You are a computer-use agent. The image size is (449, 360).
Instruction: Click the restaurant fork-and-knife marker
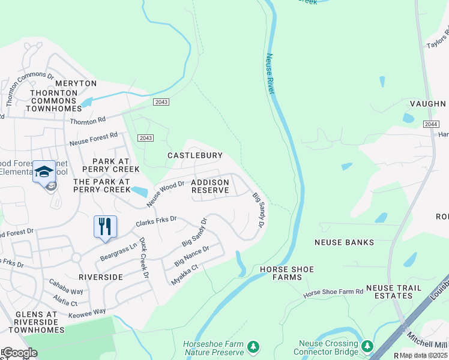click(x=105, y=227)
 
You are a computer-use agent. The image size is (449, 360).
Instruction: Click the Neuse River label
click(x=270, y=74)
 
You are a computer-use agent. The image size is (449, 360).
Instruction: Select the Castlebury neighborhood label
click(x=195, y=155)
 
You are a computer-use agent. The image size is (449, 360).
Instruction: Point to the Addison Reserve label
click(x=210, y=186)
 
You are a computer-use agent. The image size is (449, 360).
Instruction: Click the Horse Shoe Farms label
click(x=287, y=274)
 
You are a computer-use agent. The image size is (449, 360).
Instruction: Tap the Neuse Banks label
click(x=345, y=242)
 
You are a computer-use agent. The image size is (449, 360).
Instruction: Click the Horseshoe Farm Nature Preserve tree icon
click(x=253, y=347)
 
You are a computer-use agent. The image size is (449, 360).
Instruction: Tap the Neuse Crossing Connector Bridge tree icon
click(x=366, y=347)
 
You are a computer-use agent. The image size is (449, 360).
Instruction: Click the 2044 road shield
click(x=430, y=124)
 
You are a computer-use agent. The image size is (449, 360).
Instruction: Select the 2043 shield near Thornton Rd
click(x=161, y=102)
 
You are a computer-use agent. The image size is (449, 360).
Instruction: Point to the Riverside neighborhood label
click(x=100, y=277)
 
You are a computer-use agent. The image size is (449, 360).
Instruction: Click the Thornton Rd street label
click(x=88, y=121)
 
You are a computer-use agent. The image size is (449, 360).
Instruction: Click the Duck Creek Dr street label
click(x=143, y=259)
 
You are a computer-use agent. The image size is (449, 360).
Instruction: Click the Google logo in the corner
click(x=20, y=353)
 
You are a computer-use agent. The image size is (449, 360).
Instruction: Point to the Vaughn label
click(x=428, y=103)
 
